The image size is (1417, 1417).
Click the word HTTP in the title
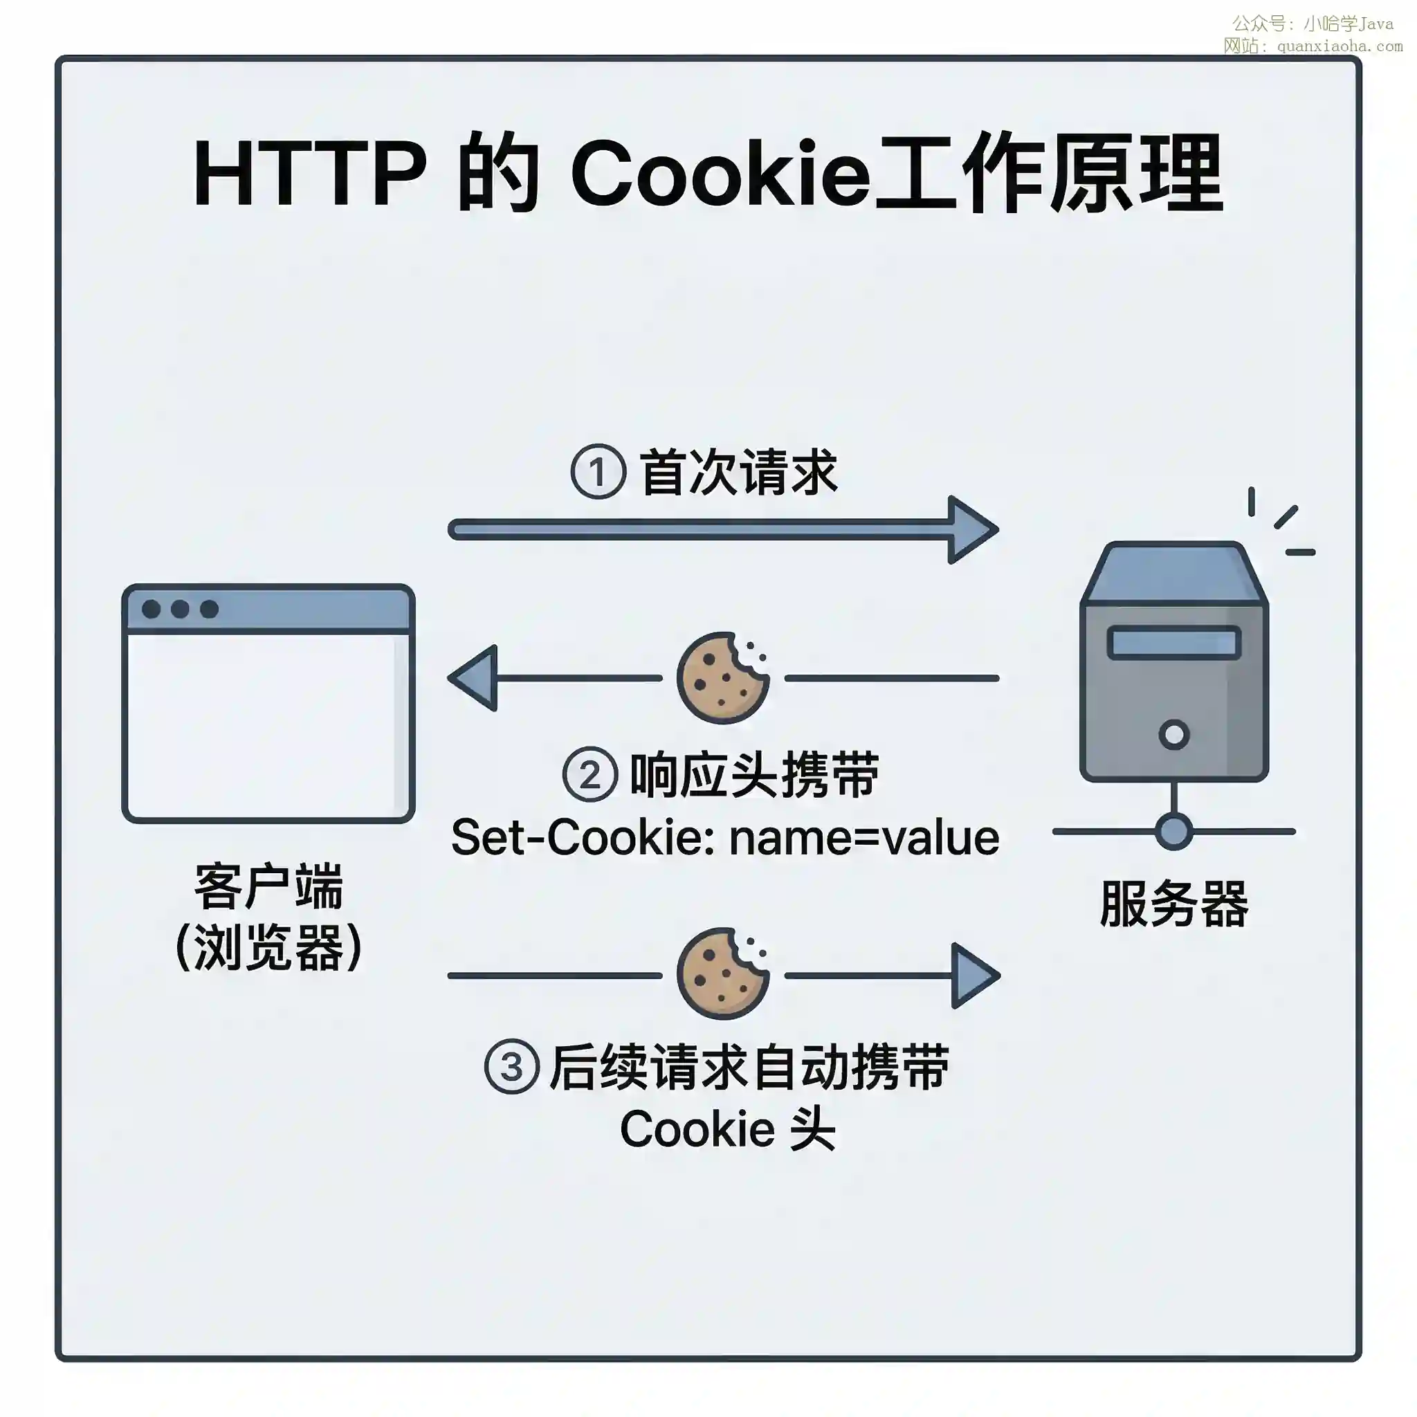pos(309,174)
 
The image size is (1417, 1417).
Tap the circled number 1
pos(598,472)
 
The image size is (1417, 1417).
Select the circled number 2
pos(589,774)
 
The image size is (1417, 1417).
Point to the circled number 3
pos(512,1066)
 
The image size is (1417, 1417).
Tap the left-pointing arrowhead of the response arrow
pos(475,677)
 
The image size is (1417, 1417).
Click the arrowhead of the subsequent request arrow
pos(974,976)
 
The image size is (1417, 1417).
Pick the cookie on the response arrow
pos(722,677)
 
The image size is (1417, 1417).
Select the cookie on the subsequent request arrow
pos(722,974)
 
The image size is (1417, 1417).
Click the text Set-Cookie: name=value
pos(724,838)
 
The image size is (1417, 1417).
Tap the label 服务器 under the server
pos(1173,904)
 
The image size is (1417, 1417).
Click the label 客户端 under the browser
pos(268,886)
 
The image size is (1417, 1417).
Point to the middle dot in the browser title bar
pos(180,609)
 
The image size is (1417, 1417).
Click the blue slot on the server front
pos(1173,643)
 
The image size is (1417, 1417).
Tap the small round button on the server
pos(1173,734)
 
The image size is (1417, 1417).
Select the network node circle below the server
pos(1173,831)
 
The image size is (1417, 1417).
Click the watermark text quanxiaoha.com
pos(1340,46)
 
